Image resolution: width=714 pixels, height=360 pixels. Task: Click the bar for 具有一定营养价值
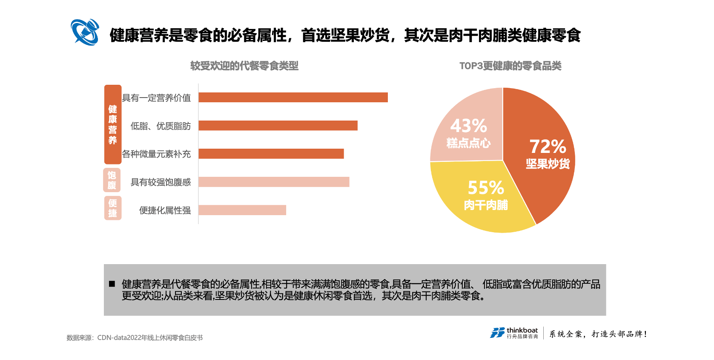click(293, 98)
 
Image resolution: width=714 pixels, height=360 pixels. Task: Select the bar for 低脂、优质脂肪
click(278, 126)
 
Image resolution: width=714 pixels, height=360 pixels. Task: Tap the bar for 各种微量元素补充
click(271, 154)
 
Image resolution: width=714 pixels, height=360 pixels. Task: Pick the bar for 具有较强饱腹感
click(274, 182)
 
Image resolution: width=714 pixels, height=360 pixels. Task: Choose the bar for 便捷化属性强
click(242, 210)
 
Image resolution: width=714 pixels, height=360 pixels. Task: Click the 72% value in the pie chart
click(548, 147)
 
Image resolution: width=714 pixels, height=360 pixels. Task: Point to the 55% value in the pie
click(486, 188)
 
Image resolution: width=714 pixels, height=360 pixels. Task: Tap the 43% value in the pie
click(468, 126)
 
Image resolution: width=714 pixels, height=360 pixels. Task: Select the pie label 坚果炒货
click(548, 164)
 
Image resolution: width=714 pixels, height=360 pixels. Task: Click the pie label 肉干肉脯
click(486, 205)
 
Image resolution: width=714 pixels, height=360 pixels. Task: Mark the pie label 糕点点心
click(468, 143)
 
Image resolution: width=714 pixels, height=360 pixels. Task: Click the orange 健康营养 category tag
click(113, 124)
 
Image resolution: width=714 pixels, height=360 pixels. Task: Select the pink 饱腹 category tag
click(112, 180)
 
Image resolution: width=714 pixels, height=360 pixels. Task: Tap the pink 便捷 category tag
click(113, 208)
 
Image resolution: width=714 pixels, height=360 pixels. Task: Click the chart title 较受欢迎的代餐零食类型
click(244, 66)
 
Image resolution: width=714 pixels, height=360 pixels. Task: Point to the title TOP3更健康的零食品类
click(510, 66)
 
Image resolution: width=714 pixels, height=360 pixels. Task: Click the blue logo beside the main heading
click(85, 32)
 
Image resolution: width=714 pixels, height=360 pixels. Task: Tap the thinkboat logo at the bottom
click(514, 333)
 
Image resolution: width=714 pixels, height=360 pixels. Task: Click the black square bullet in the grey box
click(112, 284)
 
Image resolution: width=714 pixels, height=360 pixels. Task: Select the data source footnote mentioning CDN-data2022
click(135, 338)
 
